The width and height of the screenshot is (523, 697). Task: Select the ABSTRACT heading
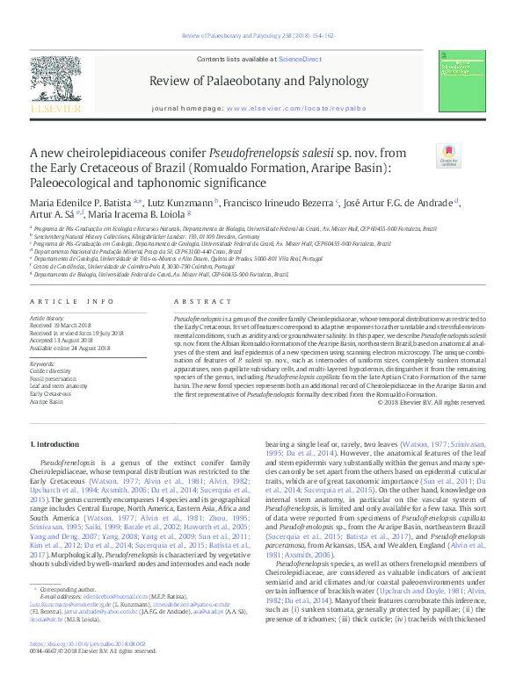[196, 301]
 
